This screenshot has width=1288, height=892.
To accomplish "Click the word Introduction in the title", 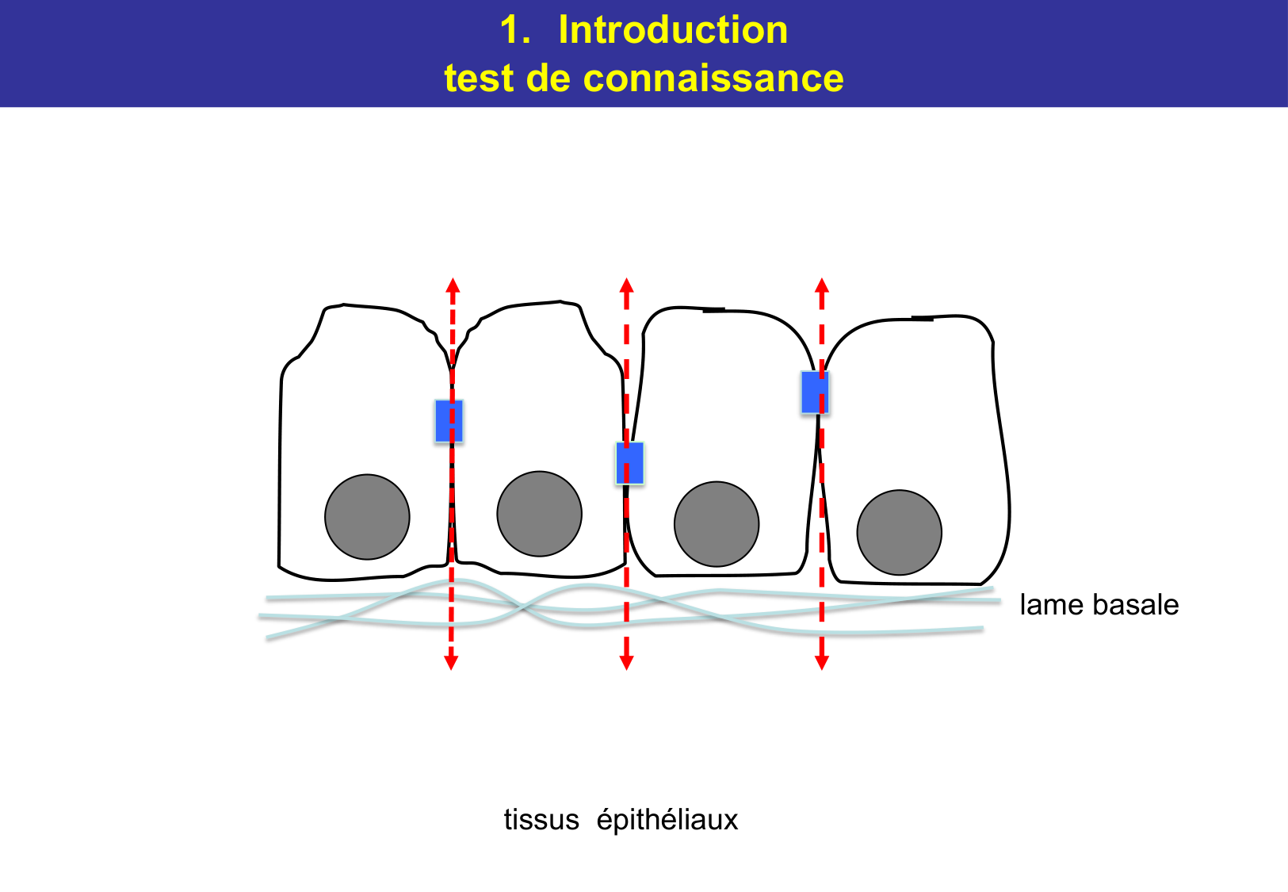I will (x=673, y=30).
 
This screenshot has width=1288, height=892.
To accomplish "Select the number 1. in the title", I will (x=515, y=30).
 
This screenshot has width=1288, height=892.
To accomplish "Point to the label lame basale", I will (x=1099, y=605).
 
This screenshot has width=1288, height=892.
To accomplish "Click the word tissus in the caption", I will (x=541, y=819).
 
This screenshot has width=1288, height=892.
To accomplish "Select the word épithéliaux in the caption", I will (x=667, y=820).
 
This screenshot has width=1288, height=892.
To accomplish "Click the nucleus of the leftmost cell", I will (x=367, y=517).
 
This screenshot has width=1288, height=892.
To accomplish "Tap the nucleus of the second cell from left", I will (x=539, y=514).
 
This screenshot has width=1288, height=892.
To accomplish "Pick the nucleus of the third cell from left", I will (x=717, y=524).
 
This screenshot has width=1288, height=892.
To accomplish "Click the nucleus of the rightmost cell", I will (x=899, y=532).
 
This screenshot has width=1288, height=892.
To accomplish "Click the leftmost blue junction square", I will (x=449, y=420).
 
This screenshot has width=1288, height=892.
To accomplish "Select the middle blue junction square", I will (x=630, y=463).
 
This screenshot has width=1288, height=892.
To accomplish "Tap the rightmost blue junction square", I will (x=815, y=392).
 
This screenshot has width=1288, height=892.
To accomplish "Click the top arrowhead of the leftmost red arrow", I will (x=452, y=285).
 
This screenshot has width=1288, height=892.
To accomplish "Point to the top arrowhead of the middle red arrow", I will (x=626, y=285).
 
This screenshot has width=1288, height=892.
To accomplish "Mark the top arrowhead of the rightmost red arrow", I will (x=822, y=285).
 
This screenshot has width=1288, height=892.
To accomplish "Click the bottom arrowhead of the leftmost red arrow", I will (x=451, y=662).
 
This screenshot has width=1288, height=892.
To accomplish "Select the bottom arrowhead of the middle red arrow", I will (x=626, y=662).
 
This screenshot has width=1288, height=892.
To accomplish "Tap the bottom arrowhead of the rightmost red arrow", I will (x=822, y=662).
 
